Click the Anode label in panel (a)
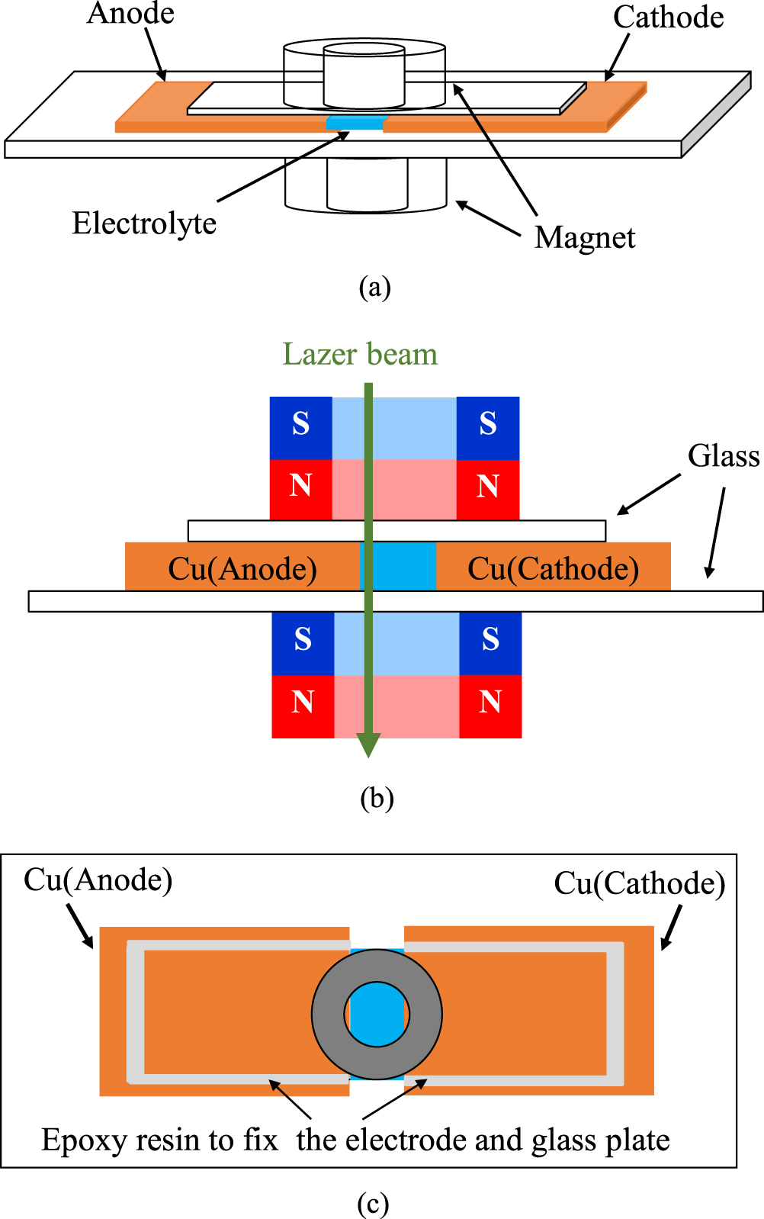[130, 13]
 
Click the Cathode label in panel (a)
[668, 17]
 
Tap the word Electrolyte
[144, 224]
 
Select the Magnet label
[584, 237]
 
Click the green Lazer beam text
[360, 354]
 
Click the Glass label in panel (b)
[723, 455]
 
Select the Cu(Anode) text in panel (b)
[242, 568]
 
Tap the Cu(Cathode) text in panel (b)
[553, 568]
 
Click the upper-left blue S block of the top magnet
[301, 424]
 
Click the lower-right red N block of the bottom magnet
[490, 703]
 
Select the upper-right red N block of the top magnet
[488, 486]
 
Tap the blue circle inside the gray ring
[377, 1015]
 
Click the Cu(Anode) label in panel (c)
[98, 880]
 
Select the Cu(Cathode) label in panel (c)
[639, 883]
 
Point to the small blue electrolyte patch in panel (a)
[355, 124]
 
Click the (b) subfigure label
[376, 798]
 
